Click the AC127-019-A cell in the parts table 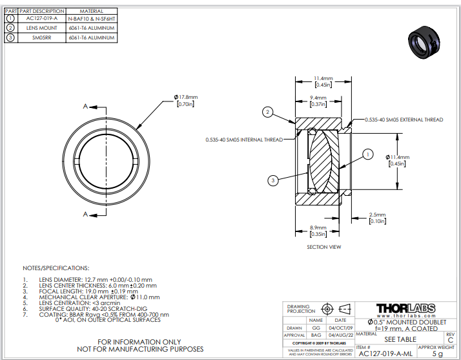42,19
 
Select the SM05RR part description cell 42,37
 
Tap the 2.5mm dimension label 376,215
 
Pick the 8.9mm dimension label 317,228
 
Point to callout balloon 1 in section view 367,154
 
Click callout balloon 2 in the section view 267,112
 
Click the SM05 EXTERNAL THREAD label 404,120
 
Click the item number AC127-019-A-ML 385,354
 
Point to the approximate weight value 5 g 438,354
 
